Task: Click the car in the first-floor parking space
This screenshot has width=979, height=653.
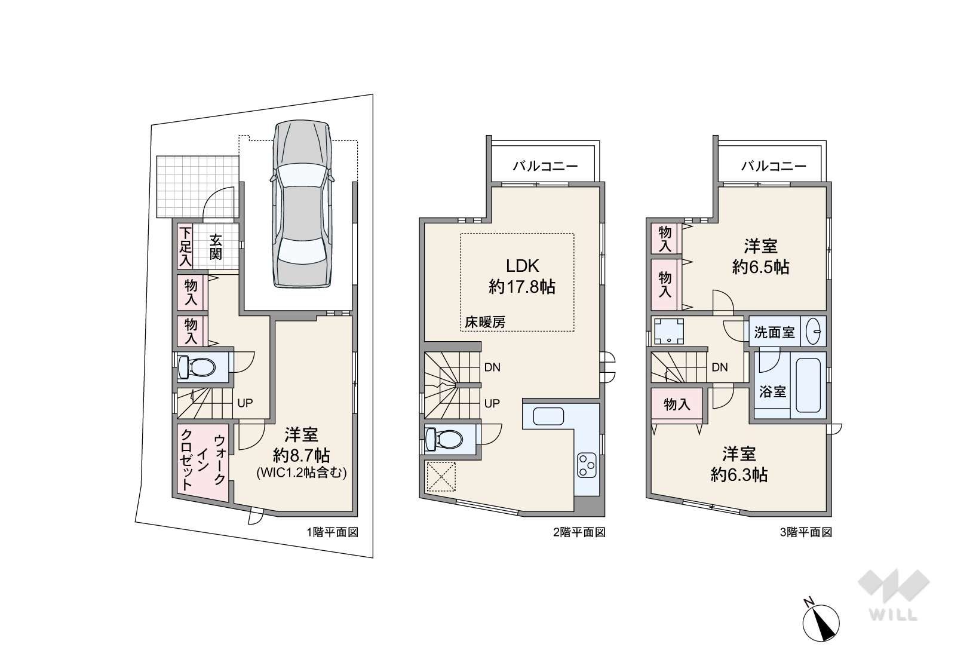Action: coord(302,204)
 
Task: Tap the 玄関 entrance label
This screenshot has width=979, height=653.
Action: coord(216,247)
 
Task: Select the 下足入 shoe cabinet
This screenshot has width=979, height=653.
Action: coord(185,247)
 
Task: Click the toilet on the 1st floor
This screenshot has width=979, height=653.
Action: coord(197,367)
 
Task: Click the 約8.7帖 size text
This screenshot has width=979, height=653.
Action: coord(302,456)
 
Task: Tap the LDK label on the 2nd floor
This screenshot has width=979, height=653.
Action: coord(522,266)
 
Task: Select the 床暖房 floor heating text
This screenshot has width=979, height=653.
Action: coord(485,322)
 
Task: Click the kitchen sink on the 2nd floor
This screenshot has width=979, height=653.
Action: coord(548,416)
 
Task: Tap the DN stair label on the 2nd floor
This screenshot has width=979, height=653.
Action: coord(492,367)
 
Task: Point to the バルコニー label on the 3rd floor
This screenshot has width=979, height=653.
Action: coord(774,166)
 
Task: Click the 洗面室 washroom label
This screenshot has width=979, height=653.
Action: coord(774,332)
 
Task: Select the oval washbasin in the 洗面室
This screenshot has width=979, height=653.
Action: coord(813,332)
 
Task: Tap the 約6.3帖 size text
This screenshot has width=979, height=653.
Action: coord(739,475)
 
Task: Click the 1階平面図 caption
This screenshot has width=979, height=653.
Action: coord(333,532)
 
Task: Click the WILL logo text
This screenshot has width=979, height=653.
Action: coord(893,615)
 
